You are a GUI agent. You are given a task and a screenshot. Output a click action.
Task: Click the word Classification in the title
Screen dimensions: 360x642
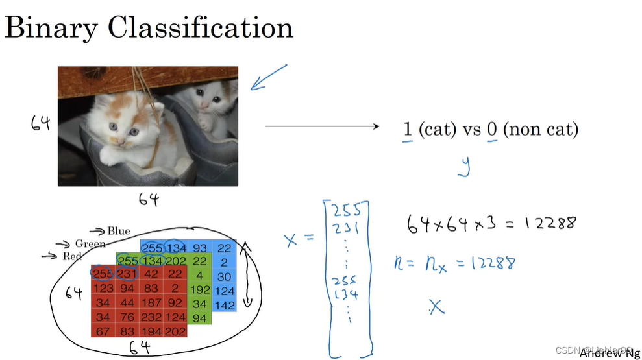click(x=201, y=28)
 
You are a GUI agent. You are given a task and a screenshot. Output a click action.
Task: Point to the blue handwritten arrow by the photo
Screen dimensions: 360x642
click(x=267, y=77)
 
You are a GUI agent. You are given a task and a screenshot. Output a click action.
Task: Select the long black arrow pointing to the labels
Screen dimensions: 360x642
click(x=321, y=127)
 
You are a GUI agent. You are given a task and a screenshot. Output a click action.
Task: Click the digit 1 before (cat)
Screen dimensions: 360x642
click(x=408, y=129)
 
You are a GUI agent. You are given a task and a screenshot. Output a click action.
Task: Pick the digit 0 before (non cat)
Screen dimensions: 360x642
click(x=492, y=129)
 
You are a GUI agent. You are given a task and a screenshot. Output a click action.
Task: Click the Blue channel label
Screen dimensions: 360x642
click(x=118, y=231)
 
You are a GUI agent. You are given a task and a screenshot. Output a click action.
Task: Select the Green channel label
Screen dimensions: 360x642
click(x=90, y=244)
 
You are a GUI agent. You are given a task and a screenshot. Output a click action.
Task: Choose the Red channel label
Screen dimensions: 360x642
click(x=72, y=256)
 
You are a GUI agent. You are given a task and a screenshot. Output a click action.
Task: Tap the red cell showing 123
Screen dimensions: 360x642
click(x=103, y=287)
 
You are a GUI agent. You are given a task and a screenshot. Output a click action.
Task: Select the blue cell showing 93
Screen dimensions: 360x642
click(x=201, y=248)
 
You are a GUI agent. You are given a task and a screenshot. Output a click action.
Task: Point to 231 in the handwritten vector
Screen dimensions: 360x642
click(x=346, y=226)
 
